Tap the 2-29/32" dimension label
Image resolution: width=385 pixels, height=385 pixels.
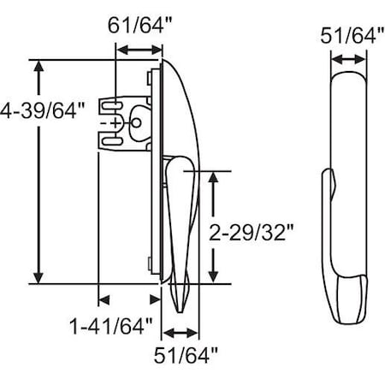[253, 230]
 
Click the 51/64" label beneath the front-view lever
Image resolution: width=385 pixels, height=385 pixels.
[187, 354]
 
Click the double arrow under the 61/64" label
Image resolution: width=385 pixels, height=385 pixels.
[137, 51]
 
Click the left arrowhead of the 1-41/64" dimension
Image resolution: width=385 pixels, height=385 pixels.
[104, 299]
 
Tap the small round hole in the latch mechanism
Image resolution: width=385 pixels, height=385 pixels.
[134, 122]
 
